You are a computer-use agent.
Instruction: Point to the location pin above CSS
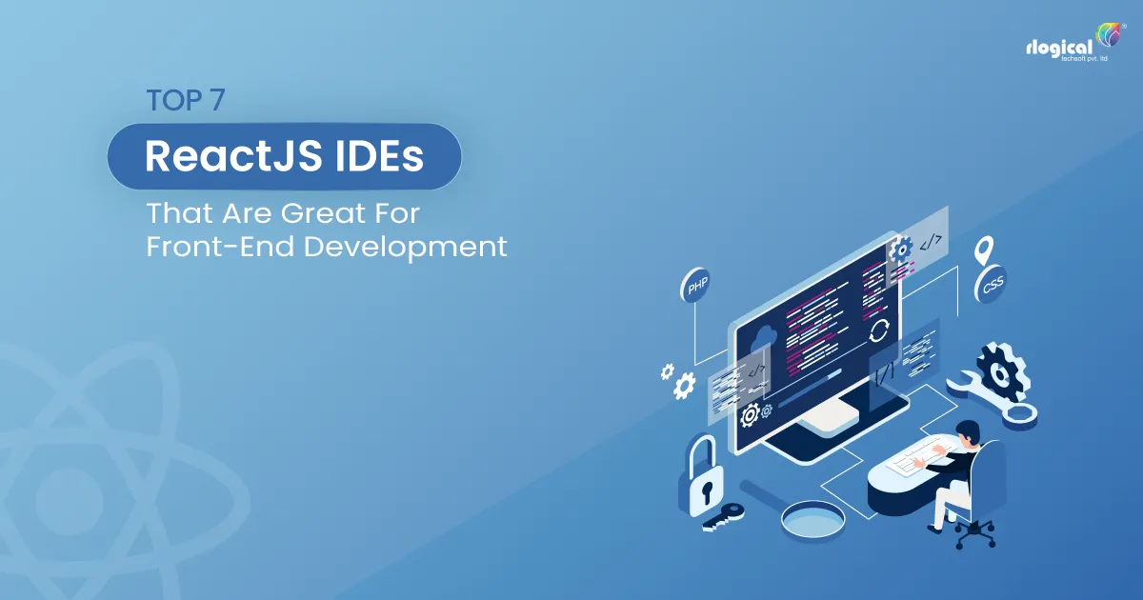pos(985,250)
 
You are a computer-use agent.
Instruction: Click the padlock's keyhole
pos(703,492)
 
